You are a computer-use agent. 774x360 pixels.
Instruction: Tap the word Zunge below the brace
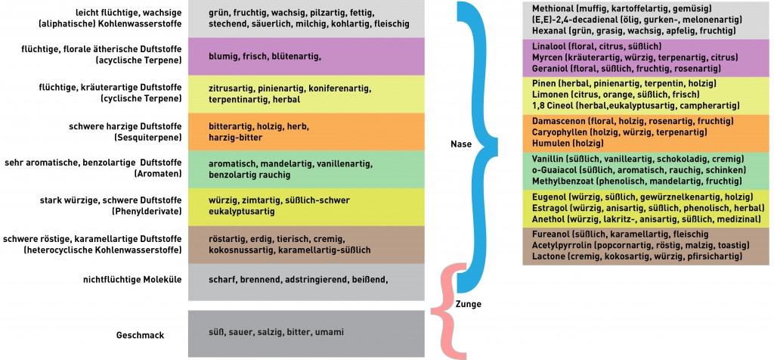pyautogui.click(x=469, y=304)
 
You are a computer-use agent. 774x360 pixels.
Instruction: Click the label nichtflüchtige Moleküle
pyautogui.click(x=132, y=279)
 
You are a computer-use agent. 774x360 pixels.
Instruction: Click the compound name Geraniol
pyautogui.click(x=550, y=68)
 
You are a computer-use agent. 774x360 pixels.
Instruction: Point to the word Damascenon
pyautogui.click(x=558, y=121)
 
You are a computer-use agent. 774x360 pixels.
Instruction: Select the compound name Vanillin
pyautogui.click(x=549, y=160)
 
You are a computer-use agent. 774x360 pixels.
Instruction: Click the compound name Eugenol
pyautogui.click(x=550, y=196)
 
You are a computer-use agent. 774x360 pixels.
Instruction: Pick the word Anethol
pyautogui.click(x=549, y=218)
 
